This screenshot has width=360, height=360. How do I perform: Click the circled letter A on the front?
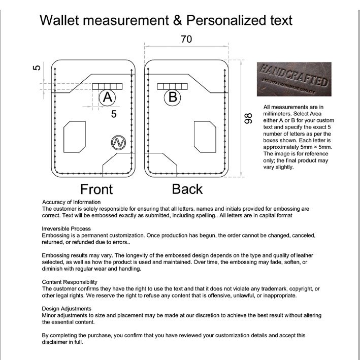click(x=107, y=97)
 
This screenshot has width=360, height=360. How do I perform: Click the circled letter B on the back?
click(x=173, y=96)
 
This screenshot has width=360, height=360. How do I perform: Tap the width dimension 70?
click(x=186, y=39)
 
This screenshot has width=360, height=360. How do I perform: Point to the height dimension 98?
click(x=248, y=119)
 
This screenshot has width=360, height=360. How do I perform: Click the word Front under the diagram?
click(x=96, y=189)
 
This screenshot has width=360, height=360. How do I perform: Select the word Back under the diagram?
click(x=187, y=189)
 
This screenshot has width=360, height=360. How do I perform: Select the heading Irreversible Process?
click(x=67, y=229)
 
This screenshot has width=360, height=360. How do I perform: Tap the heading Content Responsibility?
click(x=70, y=282)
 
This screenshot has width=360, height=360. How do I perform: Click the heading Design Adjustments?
click(x=67, y=308)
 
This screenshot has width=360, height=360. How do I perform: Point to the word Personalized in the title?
click(x=223, y=20)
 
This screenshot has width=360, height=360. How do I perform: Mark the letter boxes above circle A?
click(x=107, y=86)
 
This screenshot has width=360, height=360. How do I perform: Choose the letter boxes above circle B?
click(x=172, y=86)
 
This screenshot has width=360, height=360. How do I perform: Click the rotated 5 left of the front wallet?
click(x=36, y=67)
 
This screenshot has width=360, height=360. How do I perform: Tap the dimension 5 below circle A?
click(x=114, y=114)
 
